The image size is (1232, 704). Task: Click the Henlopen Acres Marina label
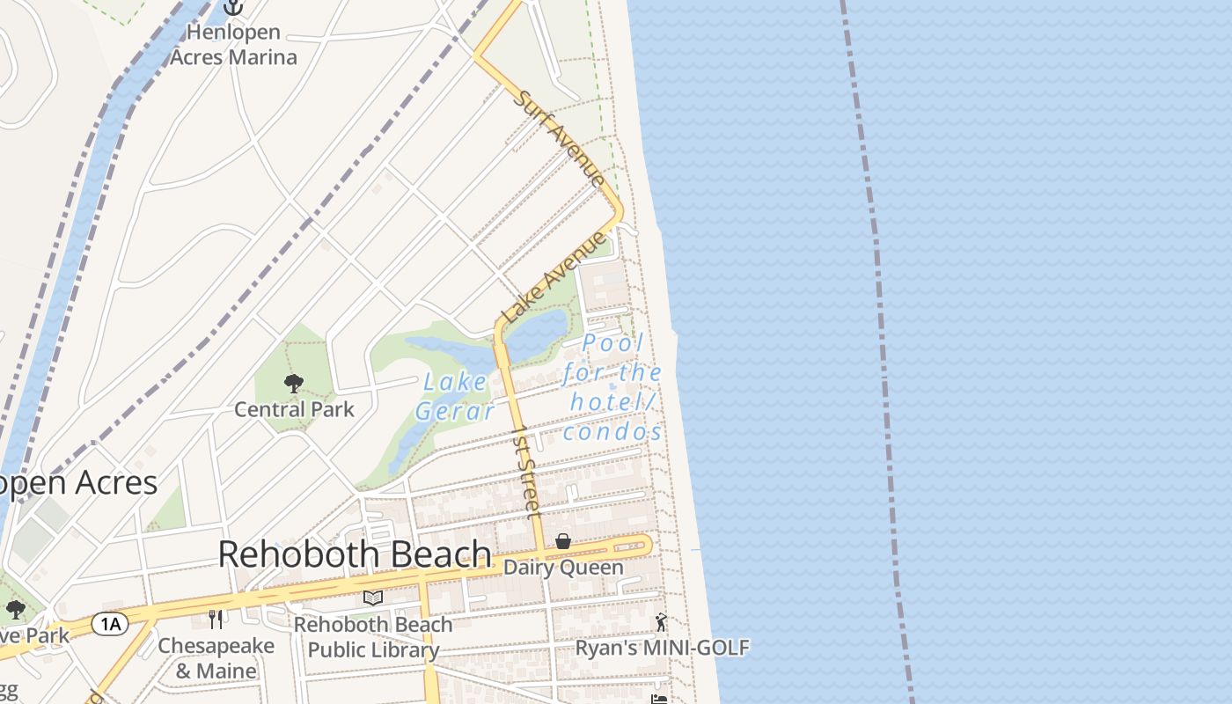(233, 45)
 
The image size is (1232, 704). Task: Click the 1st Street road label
(526, 472)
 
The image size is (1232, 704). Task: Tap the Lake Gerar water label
(454, 396)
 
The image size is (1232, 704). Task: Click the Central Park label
(294, 409)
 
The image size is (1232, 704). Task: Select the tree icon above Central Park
(294, 383)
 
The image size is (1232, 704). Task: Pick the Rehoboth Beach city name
(355, 554)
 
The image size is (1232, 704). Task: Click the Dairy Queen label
(563, 568)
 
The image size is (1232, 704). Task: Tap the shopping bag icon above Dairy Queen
(563, 541)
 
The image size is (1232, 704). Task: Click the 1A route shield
(111, 624)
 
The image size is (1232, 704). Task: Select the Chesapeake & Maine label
(216, 658)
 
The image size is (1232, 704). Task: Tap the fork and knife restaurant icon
(216, 620)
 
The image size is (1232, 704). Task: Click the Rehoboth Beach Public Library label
(373, 637)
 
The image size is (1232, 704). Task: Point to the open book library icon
(373, 598)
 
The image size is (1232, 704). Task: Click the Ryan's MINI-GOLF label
(662, 649)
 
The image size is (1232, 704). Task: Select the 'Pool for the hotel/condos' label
(612, 387)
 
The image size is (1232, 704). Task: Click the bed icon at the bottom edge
(658, 699)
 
